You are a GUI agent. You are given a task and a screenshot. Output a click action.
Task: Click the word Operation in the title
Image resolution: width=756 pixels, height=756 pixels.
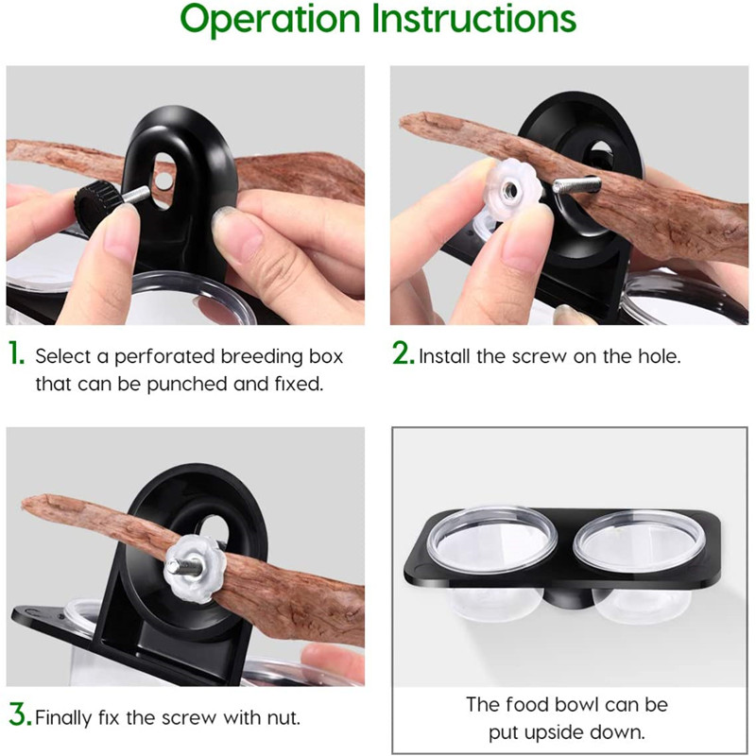(x=270, y=20)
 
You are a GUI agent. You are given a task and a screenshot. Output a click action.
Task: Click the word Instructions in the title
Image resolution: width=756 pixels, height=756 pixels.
(x=474, y=18)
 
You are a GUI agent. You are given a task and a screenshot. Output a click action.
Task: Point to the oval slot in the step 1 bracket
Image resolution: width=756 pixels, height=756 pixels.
(x=163, y=180)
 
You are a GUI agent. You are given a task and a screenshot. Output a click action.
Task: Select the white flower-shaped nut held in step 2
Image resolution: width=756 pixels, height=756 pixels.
(x=512, y=191)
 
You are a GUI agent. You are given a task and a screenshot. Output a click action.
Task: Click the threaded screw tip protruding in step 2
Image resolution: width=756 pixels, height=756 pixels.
(x=576, y=185)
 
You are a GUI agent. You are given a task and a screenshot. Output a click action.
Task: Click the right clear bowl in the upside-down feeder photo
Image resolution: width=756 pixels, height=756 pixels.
(x=640, y=567)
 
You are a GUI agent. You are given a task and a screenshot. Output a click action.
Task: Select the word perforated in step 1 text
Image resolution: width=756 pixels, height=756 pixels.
(x=164, y=357)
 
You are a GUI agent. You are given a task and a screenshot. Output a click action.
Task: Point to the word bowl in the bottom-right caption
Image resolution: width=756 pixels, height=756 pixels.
(x=575, y=705)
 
